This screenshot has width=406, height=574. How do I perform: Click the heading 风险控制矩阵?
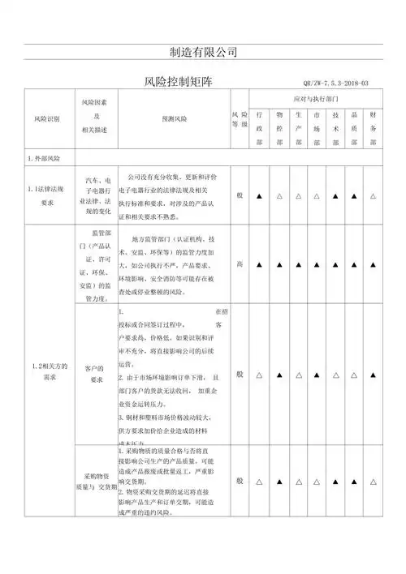(177, 82)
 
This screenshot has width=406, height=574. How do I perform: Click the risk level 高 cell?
(239, 264)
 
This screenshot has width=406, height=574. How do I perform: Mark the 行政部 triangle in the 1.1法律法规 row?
(259, 196)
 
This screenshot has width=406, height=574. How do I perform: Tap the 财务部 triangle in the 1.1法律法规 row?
(372, 196)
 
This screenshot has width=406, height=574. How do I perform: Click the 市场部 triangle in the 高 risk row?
(316, 264)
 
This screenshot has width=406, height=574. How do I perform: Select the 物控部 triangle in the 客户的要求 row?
(278, 375)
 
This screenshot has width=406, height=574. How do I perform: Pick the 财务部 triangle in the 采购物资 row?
(372, 482)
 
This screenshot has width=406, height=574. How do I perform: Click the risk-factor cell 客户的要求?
(96, 374)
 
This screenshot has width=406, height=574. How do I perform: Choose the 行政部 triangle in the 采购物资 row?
(259, 482)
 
